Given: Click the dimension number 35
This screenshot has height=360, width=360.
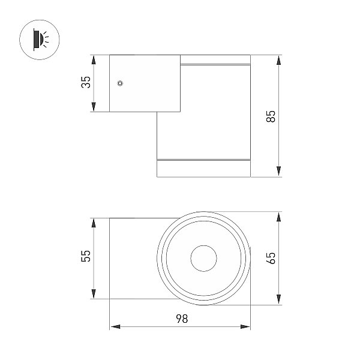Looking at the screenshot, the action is (86, 82).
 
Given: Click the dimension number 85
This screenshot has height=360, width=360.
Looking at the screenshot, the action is (271, 116).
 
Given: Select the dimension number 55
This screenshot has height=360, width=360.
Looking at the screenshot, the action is (86, 256).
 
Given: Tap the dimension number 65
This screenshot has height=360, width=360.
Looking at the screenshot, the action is (271, 258).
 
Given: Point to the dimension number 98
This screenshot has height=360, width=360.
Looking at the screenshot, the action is (182, 319).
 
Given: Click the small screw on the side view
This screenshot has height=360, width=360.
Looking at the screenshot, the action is (120, 83).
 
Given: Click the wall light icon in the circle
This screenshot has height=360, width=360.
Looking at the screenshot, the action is (40, 40).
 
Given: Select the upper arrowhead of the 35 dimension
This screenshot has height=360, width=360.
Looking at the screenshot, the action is (94, 60).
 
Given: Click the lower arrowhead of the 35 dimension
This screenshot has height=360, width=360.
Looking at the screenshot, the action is (94, 107).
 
